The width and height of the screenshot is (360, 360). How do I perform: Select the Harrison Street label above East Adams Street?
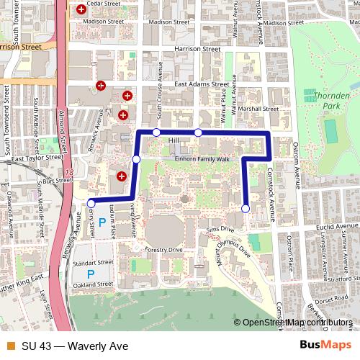200,50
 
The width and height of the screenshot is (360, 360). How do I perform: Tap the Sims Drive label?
220,228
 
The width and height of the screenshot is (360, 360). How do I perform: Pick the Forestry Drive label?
163,249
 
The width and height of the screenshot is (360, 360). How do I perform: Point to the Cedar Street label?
102,4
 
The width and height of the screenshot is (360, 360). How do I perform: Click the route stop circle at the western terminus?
90,203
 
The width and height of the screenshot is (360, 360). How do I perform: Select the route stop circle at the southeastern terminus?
246,209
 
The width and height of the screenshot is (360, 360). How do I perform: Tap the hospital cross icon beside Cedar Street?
81,10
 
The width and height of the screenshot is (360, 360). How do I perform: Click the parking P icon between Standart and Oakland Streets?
91,274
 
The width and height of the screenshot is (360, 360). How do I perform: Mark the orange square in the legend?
9,346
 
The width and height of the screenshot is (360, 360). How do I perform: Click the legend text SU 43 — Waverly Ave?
70,346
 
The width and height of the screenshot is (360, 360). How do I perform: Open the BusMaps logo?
325,345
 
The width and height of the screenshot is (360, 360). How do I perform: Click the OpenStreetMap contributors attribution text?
297,323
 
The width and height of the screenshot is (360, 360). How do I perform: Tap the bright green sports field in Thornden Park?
330,132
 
